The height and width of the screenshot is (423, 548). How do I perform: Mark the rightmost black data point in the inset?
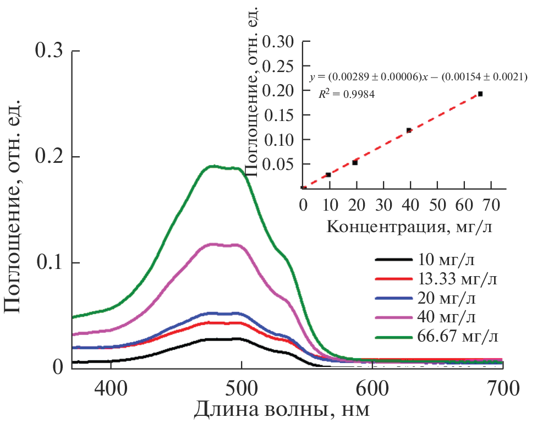pos(480,94)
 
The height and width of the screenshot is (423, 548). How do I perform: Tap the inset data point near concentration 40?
pos(409,130)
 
